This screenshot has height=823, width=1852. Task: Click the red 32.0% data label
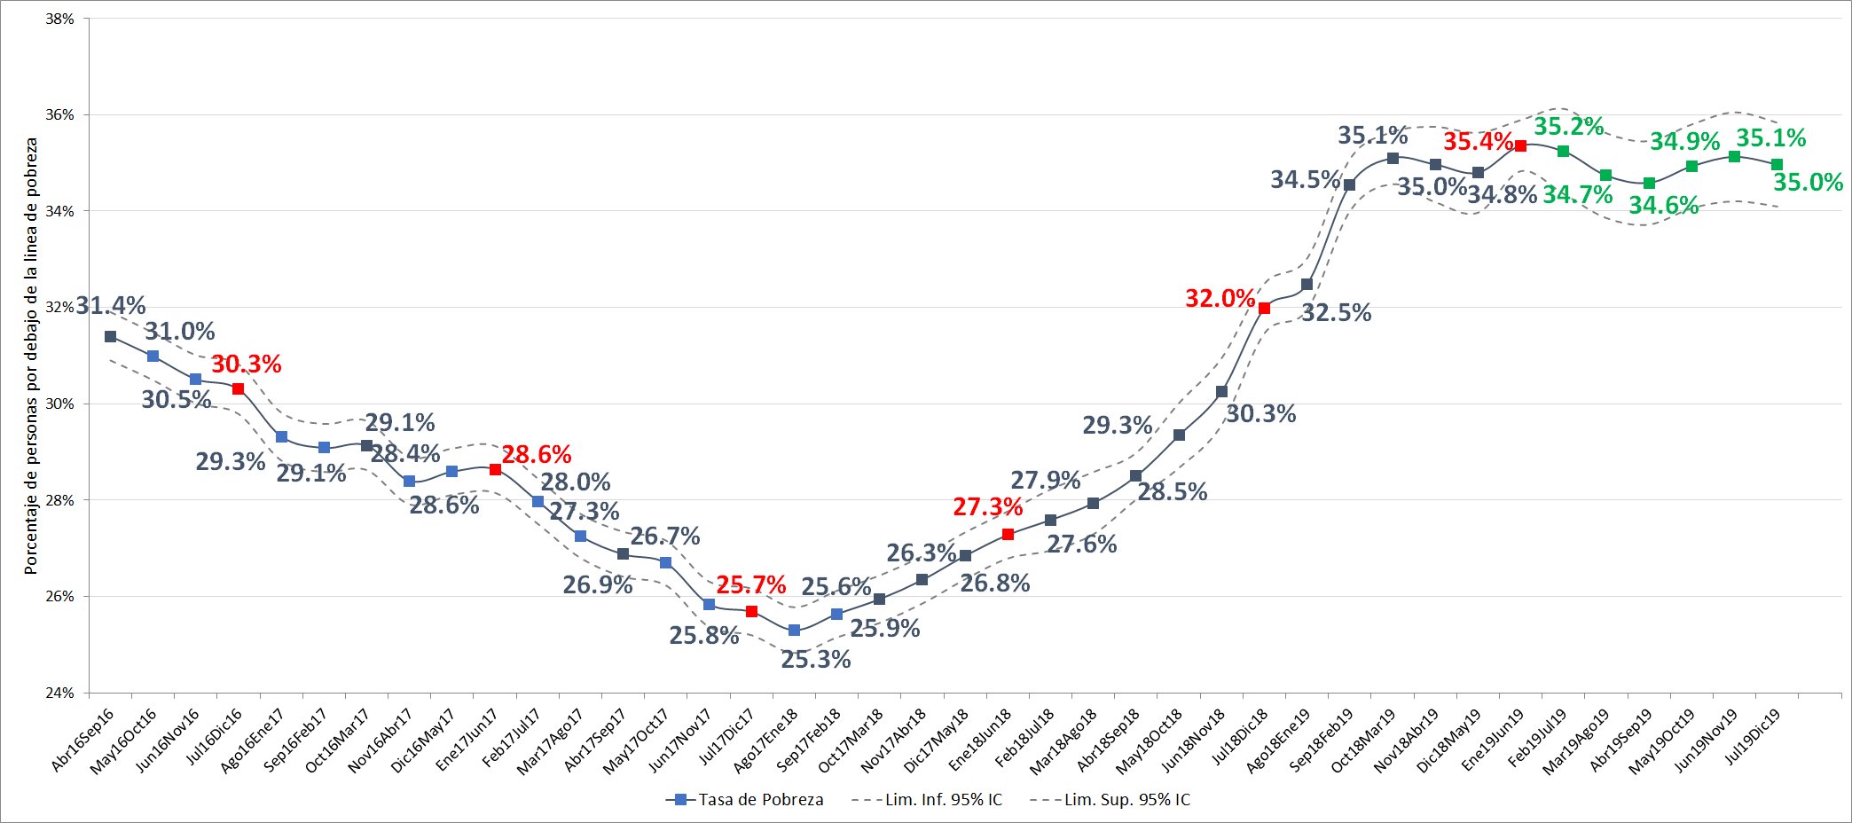coord(1220,299)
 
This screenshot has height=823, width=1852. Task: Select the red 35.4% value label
coord(1478,142)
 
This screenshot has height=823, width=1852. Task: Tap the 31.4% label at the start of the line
coord(111,306)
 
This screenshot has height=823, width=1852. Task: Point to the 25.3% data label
coord(815,659)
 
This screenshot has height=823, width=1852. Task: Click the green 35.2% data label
coord(1569,127)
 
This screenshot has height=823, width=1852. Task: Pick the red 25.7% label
coord(750,585)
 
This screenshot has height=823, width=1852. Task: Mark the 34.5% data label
coord(1305,180)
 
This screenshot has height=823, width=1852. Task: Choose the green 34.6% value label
coord(1663,206)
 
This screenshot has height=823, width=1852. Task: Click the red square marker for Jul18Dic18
coord(1264,309)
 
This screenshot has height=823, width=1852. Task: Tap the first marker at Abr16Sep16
coord(110,337)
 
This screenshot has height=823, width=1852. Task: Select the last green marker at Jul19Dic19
coord(1777,165)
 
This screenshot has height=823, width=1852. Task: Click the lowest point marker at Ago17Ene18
coord(794,631)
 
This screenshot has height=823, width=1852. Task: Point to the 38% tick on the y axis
coord(59,19)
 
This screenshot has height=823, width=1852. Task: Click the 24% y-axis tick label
coord(59,693)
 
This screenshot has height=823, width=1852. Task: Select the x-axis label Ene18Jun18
coord(981,740)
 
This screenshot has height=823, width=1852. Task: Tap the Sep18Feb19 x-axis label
coord(1322,741)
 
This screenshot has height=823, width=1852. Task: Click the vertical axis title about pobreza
coord(31,355)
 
